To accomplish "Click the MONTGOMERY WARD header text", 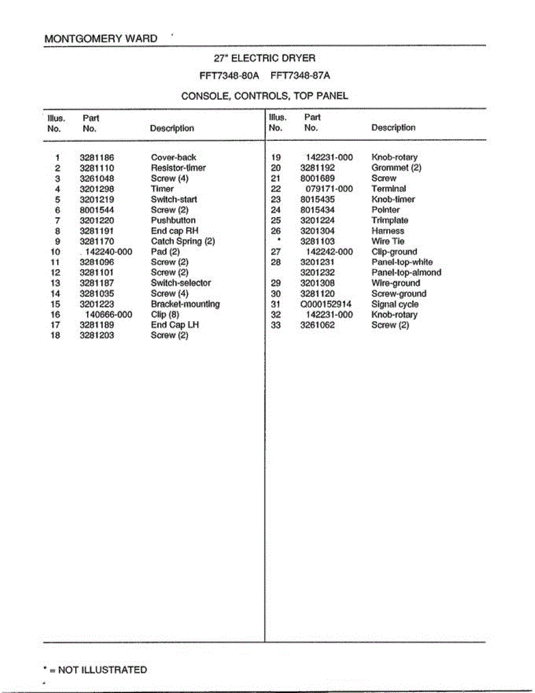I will [x=101, y=39].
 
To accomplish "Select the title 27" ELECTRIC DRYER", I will [x=265, y=58].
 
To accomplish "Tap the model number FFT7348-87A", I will [x=300, y=76].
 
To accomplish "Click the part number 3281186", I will [x=96, y=157].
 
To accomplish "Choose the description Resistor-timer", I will [x=178, y=167].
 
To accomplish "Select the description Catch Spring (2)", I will [x=183, y=241].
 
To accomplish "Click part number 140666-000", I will [x=109, y=315].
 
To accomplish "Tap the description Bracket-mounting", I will [x=185, y=304].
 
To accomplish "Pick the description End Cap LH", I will [x=175, y=325].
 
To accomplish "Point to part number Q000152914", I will [x=326, y=304].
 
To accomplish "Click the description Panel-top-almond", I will [x=406, y=273].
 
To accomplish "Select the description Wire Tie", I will [x=388, y=241].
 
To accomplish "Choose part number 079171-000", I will [x=329, y=189].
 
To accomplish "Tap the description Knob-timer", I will [x=393, y=199].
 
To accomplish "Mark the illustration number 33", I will [x=276, y=325].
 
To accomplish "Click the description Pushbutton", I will [x=173, y=220].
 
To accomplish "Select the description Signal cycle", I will [x=395, y=304].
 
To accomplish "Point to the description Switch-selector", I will [x=181, y=283].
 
